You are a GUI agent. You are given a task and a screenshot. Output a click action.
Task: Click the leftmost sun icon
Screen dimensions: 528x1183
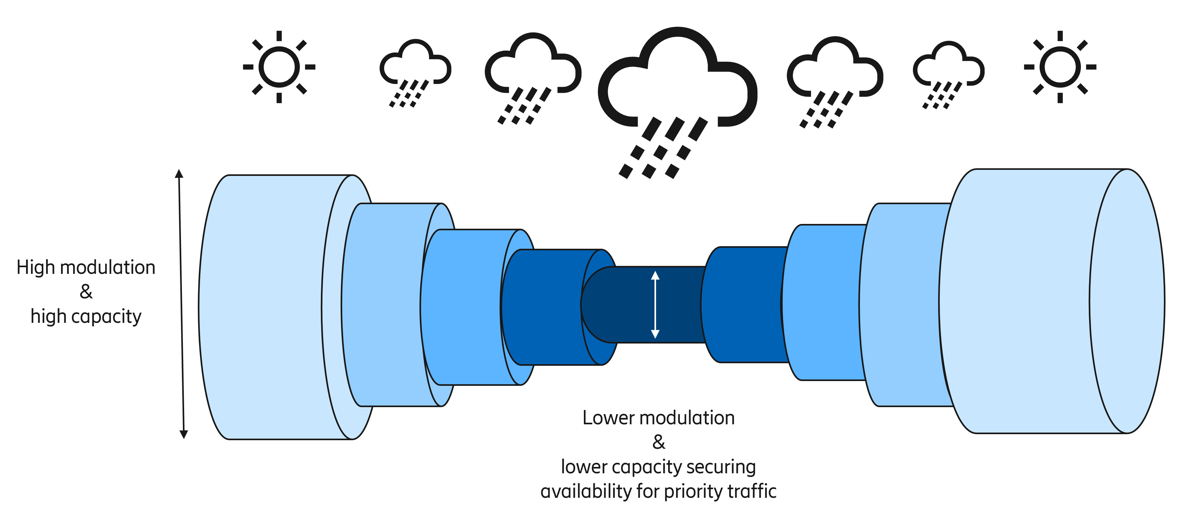(x=279, y=67)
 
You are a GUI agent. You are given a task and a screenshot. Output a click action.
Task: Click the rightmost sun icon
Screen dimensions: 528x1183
(x=1060, y=67)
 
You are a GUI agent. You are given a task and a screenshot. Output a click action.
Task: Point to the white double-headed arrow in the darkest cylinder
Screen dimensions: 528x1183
(x=655, y=304)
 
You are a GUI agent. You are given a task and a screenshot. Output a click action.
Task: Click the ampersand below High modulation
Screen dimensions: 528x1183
(x=86, y=292)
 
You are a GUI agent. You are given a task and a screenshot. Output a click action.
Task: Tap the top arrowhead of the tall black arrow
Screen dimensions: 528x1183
(x=179, y=174)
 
